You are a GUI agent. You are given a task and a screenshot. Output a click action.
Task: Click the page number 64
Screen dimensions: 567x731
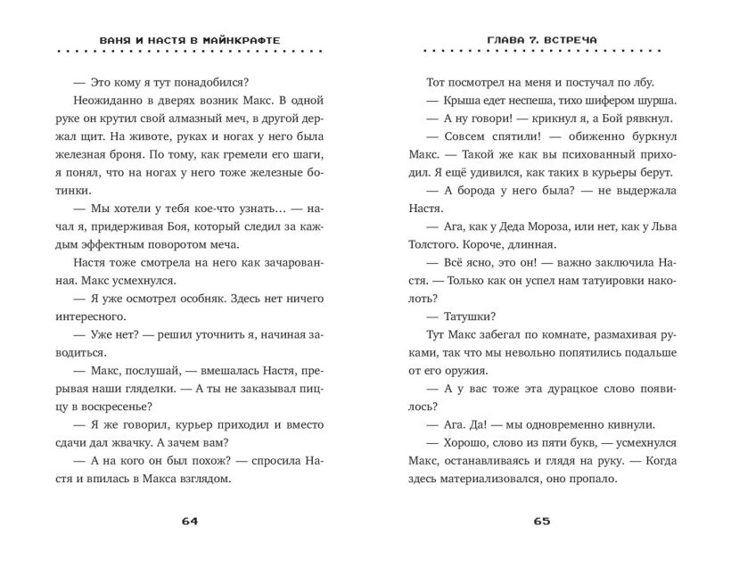tap(188, 522)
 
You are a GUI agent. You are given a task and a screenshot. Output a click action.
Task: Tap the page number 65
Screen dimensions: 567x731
tap(543, 522)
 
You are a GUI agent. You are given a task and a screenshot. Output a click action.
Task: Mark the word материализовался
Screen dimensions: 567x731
tap(505, 477)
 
